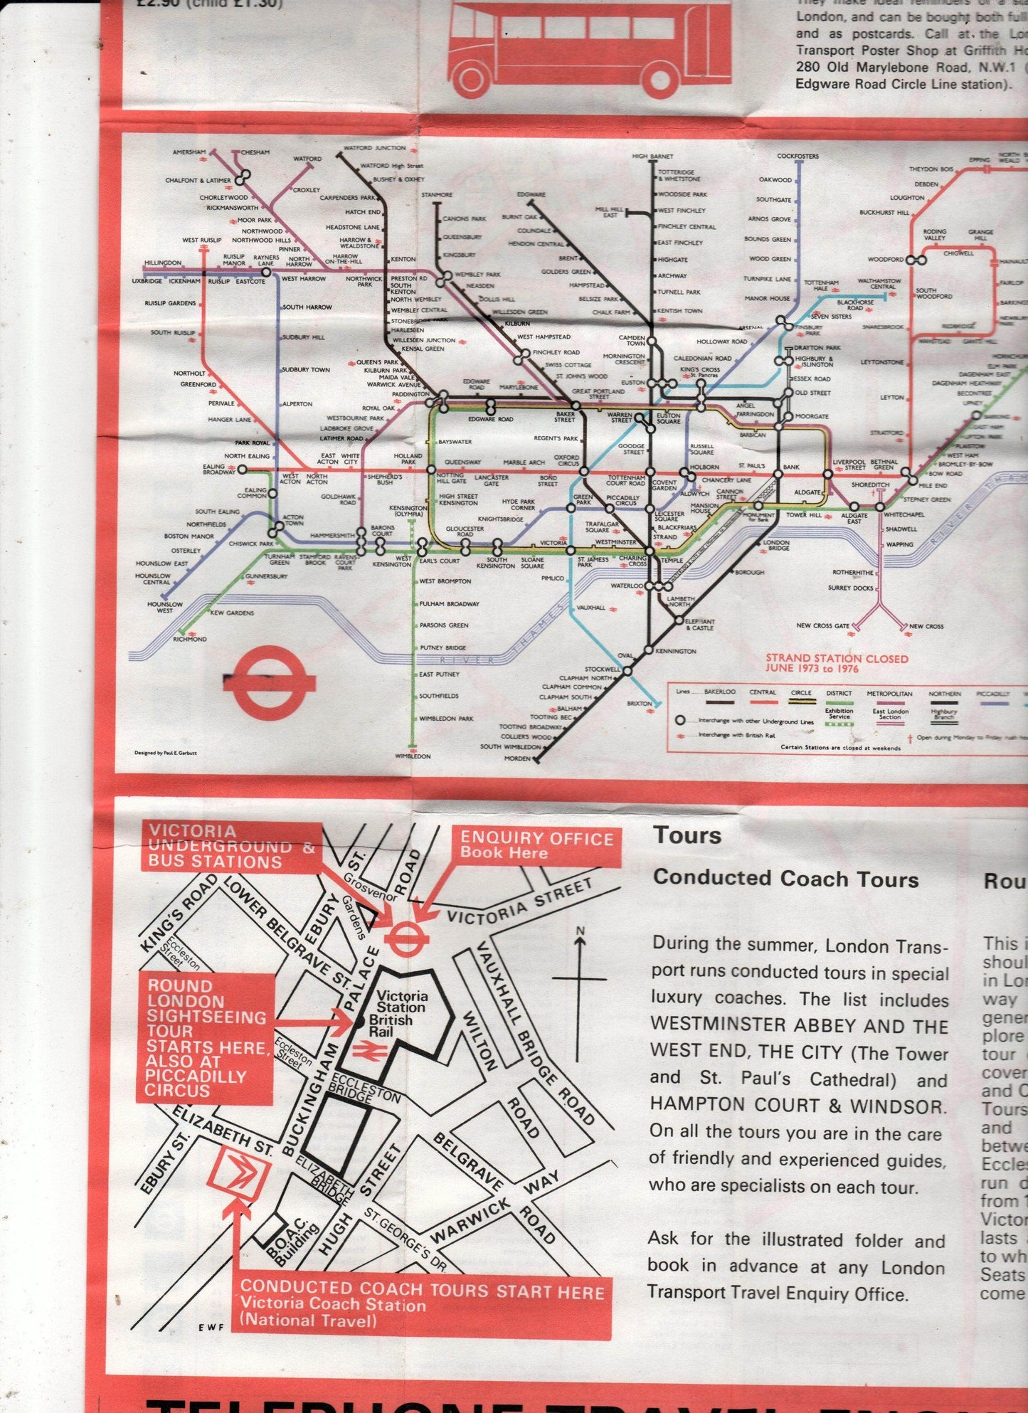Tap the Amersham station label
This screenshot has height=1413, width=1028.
click(x=189, y=153)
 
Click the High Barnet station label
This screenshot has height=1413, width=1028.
click(x=652, y=156)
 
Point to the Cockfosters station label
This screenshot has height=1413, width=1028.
click(x=798, y=156)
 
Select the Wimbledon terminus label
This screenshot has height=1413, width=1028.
click(x=413, y=756)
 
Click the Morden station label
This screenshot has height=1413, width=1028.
click(x=517, y=758)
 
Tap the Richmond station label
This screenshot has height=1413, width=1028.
click(x=190, y=639)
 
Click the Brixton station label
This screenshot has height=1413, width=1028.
click(x=640, y=703)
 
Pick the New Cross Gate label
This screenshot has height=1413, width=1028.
click(x=822, y=626)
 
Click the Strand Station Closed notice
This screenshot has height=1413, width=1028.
click(x=837, y=663)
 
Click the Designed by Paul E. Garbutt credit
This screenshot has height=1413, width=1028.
click(x=165, y=753)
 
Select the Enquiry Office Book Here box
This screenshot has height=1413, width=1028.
click(x=536, y=845)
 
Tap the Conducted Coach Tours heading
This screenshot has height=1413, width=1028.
click(x=786, y=879)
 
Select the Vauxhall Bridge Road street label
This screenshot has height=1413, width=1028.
click(x=536, y=1002)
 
